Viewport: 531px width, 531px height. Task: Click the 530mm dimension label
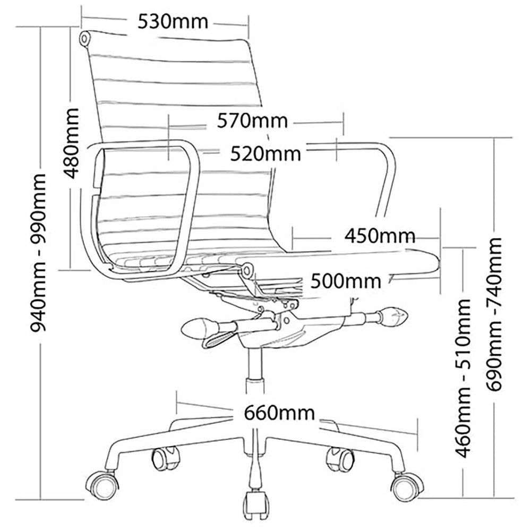point(173,22)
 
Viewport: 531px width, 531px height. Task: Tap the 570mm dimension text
point(252,121)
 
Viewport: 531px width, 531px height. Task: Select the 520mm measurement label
point(265,154)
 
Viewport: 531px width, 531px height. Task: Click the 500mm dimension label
point(346,281)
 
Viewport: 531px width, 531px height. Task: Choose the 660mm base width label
point(279,413)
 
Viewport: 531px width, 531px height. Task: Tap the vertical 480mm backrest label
point(72,143)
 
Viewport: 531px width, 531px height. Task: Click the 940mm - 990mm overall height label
point(38,253)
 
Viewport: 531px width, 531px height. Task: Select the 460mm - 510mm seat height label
point(463,378)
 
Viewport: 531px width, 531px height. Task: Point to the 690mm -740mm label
point(494,314)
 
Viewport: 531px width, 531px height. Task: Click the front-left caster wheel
point(102,486)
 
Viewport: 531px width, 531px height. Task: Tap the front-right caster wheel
point(407,486)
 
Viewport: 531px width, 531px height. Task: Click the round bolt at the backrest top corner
point(84,38)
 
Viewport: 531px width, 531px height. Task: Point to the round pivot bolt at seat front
point(247,270)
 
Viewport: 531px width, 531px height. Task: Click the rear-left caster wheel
point(165,458)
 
